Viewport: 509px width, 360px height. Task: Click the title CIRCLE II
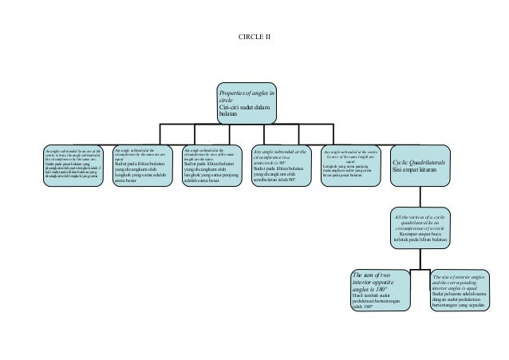254,38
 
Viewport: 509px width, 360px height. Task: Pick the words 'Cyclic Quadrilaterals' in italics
420,162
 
